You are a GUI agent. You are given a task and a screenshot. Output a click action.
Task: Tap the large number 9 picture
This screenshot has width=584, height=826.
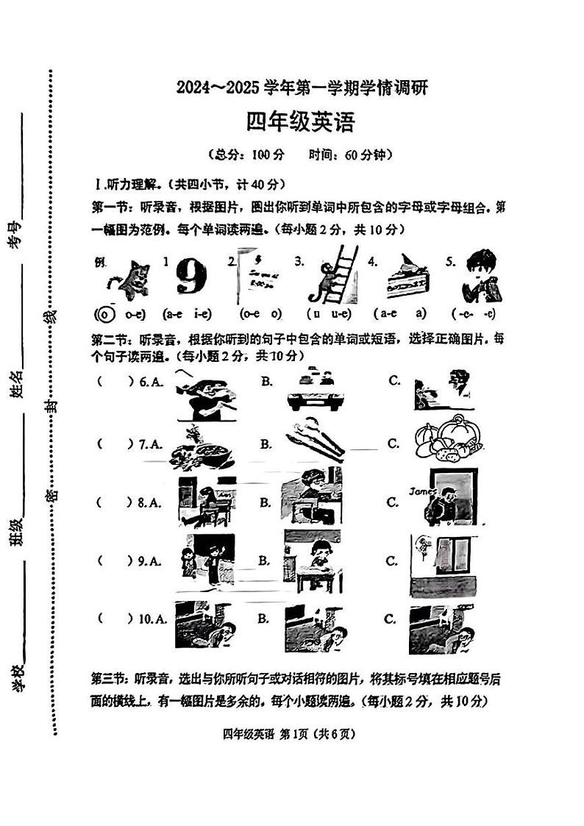pyautogui.click(x=190, y=279)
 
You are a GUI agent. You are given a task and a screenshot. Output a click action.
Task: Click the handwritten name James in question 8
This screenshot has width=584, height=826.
pyautogui.click(x=423, y=491)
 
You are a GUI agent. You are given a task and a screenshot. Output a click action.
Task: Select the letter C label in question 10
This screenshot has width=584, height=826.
pyautogui.click(x=391, y=619)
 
